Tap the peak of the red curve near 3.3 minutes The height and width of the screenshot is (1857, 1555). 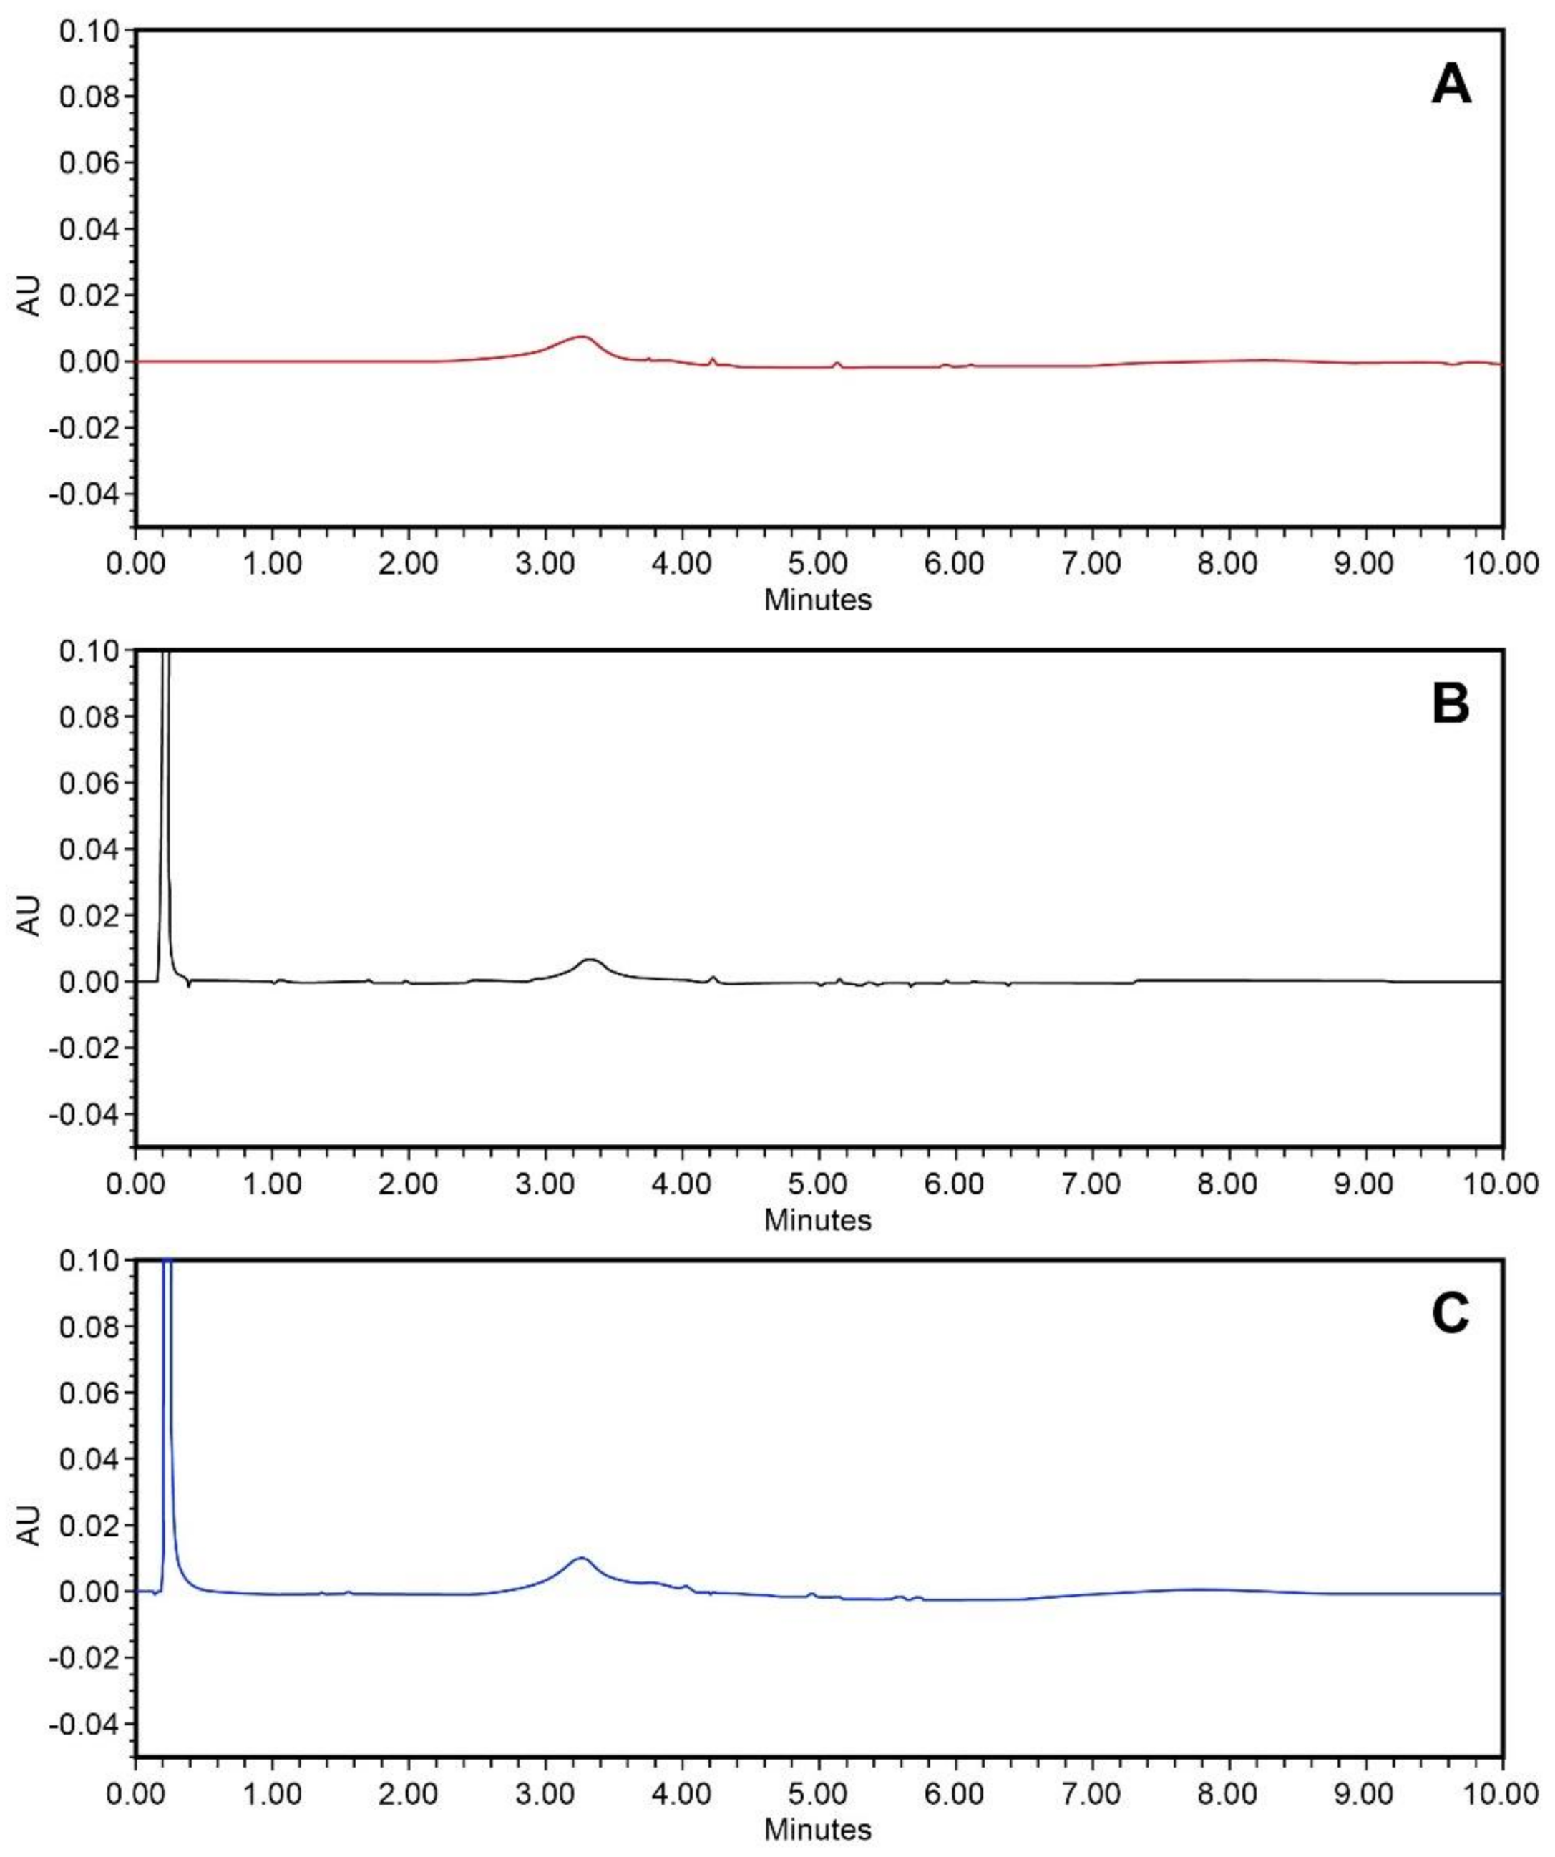coord(582,337)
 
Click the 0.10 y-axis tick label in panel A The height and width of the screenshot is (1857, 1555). coord(89,31)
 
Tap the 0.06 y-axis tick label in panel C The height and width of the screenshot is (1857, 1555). coord(89,1393)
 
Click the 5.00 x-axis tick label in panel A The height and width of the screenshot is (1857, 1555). coord(818,563)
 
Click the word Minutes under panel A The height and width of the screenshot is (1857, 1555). coord(818,600)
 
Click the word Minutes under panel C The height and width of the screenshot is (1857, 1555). coord(818,1831)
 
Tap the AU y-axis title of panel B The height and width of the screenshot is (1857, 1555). coord(29,915)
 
